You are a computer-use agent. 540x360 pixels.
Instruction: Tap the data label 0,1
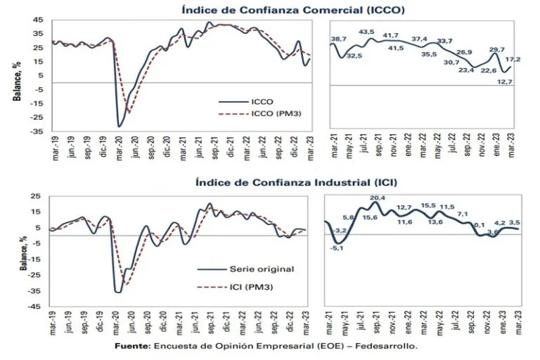click(480, 224)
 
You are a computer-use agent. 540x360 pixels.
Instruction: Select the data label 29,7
click(496, 49)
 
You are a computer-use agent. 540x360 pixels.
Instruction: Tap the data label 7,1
click(462, 213)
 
